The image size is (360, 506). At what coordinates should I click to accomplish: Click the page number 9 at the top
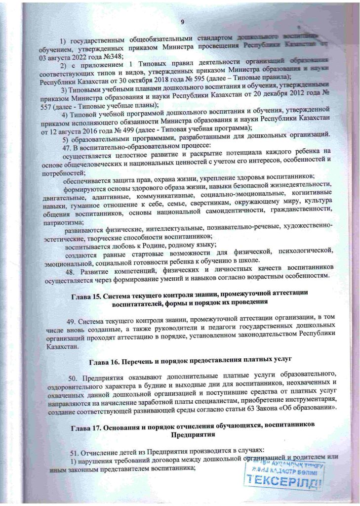coord(182,22)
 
